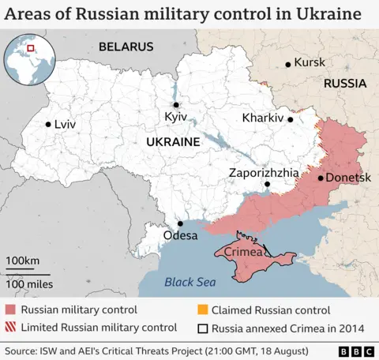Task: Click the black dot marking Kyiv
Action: pyautogui.click(x=176, y=104)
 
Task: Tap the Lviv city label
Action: pyautogui.click(x=65, y=125)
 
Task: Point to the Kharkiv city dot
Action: pyautogui.click(x=291, y=120)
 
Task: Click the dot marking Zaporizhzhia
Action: pyautogui.click(x=267, y=185)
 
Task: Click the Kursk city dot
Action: pyautogui.click(x=287, y=63)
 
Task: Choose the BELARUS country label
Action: pyautogui.click(x=126, y=47)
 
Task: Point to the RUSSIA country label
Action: pyautogui.click(x=344, y=83)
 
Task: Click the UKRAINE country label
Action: pyautogui.click(x=172, y=142)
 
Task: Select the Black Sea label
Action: pyautogui.click(x=189, y=283)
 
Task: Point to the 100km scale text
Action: pyautogui.click(x=23, y=261)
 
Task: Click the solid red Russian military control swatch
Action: pyautogui.click(x=10, y=310)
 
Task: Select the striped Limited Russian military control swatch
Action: pyautogui.click(x=10, y=327)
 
